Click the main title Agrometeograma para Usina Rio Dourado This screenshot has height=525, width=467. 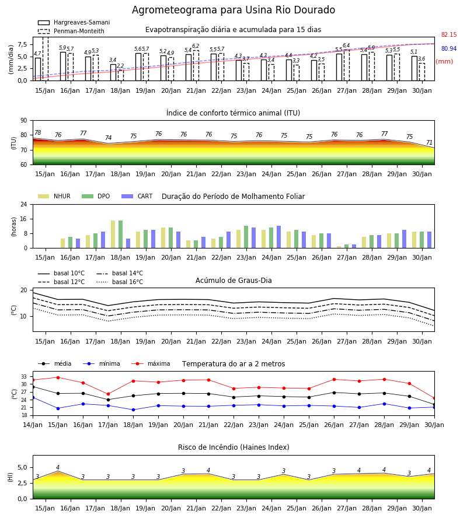233,10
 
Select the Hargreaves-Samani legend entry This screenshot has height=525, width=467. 74,22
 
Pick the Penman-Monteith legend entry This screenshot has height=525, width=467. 71,31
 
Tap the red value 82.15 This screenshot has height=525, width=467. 449,34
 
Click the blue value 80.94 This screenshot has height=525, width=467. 449,48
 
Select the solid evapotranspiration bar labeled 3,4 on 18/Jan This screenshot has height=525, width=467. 113,72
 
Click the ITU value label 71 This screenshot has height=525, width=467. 429,143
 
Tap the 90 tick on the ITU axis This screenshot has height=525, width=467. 24,121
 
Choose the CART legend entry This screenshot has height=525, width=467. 137,196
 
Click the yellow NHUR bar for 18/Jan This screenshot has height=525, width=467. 113,235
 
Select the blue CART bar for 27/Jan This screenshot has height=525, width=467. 354,246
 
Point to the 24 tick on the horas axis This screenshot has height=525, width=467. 24,204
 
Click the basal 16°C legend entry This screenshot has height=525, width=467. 120,282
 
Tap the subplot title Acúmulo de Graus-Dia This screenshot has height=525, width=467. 233,281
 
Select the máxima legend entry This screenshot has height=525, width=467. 151,363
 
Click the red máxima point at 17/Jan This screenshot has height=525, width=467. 108,394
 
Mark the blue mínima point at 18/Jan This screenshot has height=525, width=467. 133,410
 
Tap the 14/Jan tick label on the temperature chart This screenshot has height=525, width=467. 33,425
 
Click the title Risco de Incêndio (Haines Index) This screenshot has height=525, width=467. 233,447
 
